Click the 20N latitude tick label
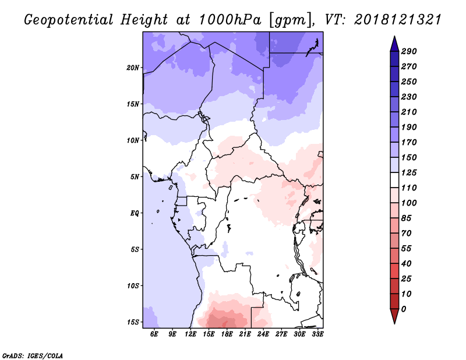click(133, 68)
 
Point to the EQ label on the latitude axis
click(135, 213)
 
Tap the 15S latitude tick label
click(133, 322)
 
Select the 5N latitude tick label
click(135, 177)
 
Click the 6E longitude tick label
click(154, 334)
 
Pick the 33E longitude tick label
click(317, 334)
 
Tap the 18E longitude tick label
click(227, 334)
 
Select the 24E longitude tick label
click(263, 334)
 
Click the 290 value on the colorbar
click(409, 51)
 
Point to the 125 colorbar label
click(409, 172)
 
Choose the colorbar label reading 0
click(403, 309)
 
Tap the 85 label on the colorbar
click(406, 218)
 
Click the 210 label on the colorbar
click(409, 112)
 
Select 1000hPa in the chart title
click(230, 20)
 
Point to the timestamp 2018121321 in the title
click(398, 20)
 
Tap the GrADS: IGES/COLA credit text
click(33, 356)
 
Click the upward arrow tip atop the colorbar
click(394, 36)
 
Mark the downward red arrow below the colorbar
click(394, 316)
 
